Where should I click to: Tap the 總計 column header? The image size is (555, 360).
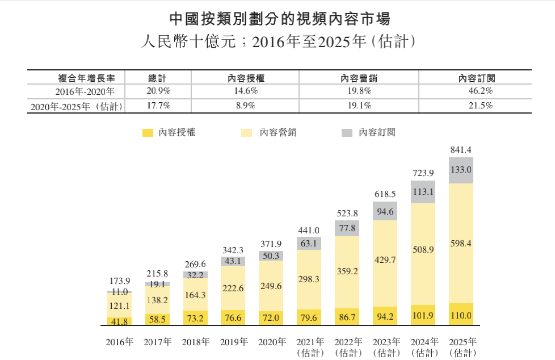coord(157,77)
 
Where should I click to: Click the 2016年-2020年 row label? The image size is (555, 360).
coord(85,91)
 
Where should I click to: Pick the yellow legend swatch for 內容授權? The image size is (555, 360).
coord(148,133)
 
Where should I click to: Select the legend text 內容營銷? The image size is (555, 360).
coord(278,133)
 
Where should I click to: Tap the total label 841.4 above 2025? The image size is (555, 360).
coord(460,150)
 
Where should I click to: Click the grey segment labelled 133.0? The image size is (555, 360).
coord(460,170)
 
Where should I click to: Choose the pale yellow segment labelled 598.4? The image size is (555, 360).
coord(460,243)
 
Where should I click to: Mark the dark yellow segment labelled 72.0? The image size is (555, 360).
coord(271,318)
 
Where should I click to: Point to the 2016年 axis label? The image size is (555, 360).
coord(119,342)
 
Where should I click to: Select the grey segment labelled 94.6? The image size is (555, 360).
coord(385,212)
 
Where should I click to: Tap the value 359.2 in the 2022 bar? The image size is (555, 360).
coord(347,271)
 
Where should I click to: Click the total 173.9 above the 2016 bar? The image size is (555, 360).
coord(119,282)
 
